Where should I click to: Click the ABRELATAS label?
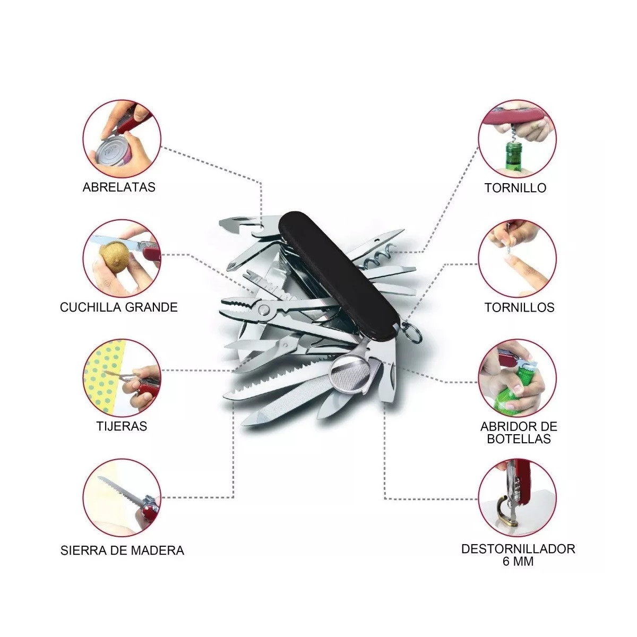pyautogui.click(x=119, y=187)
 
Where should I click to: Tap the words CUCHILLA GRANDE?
pyautogui.click(x=119, y=307)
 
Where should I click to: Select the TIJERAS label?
pyautogui.click(x=122, y=426)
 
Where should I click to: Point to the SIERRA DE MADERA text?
pyautogui.click(x=122, y=550)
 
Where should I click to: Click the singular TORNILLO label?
pyautogui.click(x=515, y=188)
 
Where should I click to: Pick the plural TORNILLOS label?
pyautogui.click(x=519, y=307)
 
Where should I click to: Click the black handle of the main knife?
pyautogui.click(x=339, y=274)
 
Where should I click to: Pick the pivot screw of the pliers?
pyautogui.click(x=264, y=309)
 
